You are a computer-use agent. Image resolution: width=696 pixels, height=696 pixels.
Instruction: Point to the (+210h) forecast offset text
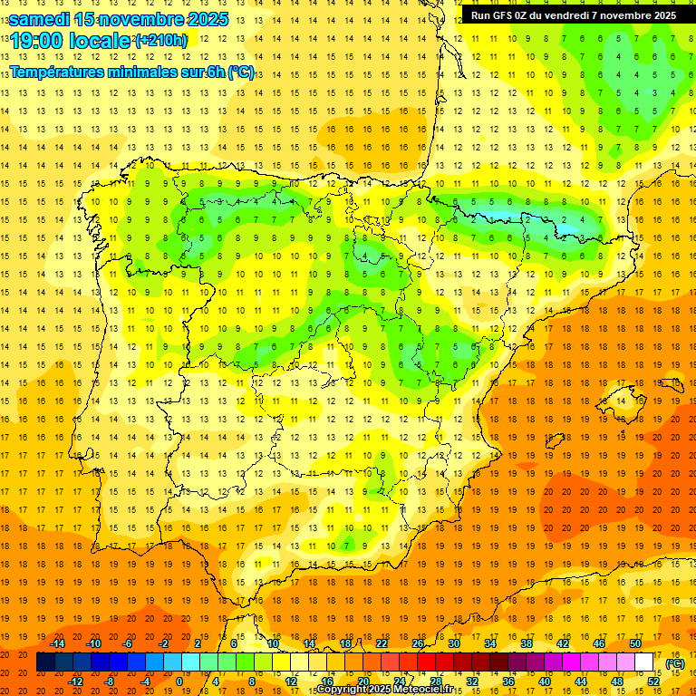tap(160, 41)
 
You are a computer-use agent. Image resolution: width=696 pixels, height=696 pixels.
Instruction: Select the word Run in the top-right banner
tap(481, 15)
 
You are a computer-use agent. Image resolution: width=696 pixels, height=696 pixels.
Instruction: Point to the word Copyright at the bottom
tap(341, 690)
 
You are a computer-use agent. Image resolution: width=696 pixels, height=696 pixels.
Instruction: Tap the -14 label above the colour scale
tap(57, 643)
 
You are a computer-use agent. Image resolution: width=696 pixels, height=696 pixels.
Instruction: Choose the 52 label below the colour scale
tap(654, 681)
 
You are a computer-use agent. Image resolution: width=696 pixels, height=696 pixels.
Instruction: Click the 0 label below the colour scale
tap(179, 681)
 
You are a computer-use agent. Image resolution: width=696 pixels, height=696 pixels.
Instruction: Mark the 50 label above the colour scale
tap(635, 643)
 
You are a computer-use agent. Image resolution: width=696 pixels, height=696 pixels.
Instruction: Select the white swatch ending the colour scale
tap(644, 662)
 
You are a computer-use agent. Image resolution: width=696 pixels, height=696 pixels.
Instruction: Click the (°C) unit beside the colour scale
tap(674, 663)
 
